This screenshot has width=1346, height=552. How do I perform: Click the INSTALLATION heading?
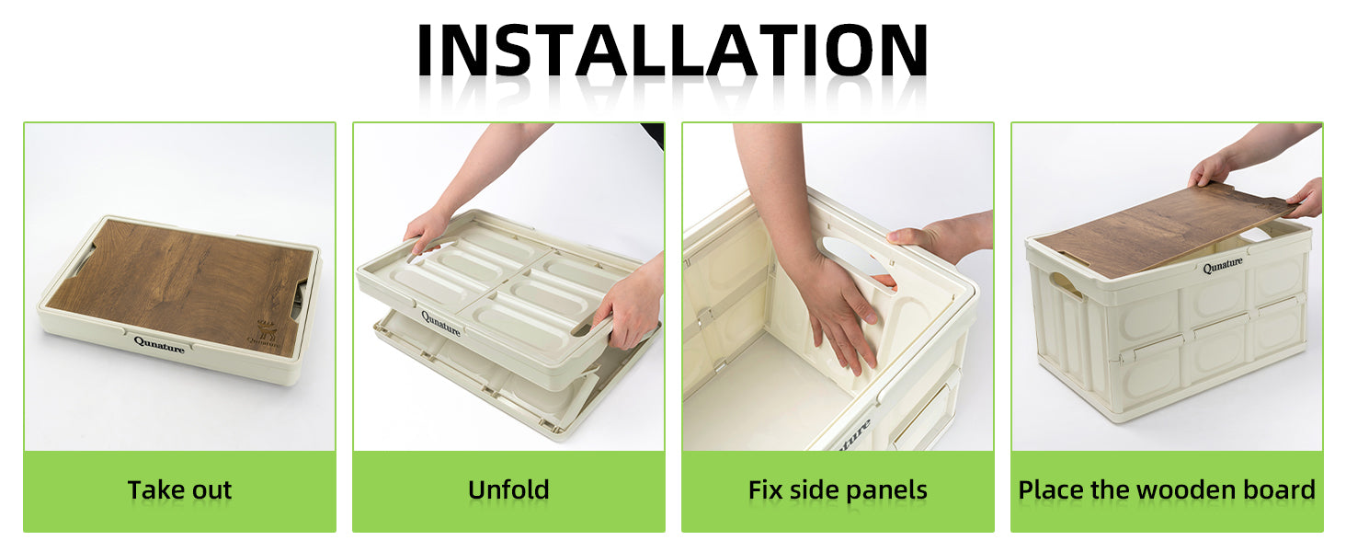click(672, 50)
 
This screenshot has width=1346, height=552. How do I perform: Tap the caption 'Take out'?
click(179, 490)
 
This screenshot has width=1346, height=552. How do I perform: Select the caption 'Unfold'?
click(508, 490)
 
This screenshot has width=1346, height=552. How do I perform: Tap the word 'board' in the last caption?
click(1279, 490)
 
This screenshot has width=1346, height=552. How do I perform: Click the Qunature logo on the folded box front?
click(159, 345)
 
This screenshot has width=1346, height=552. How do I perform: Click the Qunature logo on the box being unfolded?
click(440, 324)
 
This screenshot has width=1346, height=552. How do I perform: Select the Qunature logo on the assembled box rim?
click(1222, 265)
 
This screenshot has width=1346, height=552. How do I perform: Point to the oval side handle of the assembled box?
click(1066, 285)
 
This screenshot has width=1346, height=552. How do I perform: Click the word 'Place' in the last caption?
click(1051, 490)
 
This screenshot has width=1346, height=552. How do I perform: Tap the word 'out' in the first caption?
click(211, 490)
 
